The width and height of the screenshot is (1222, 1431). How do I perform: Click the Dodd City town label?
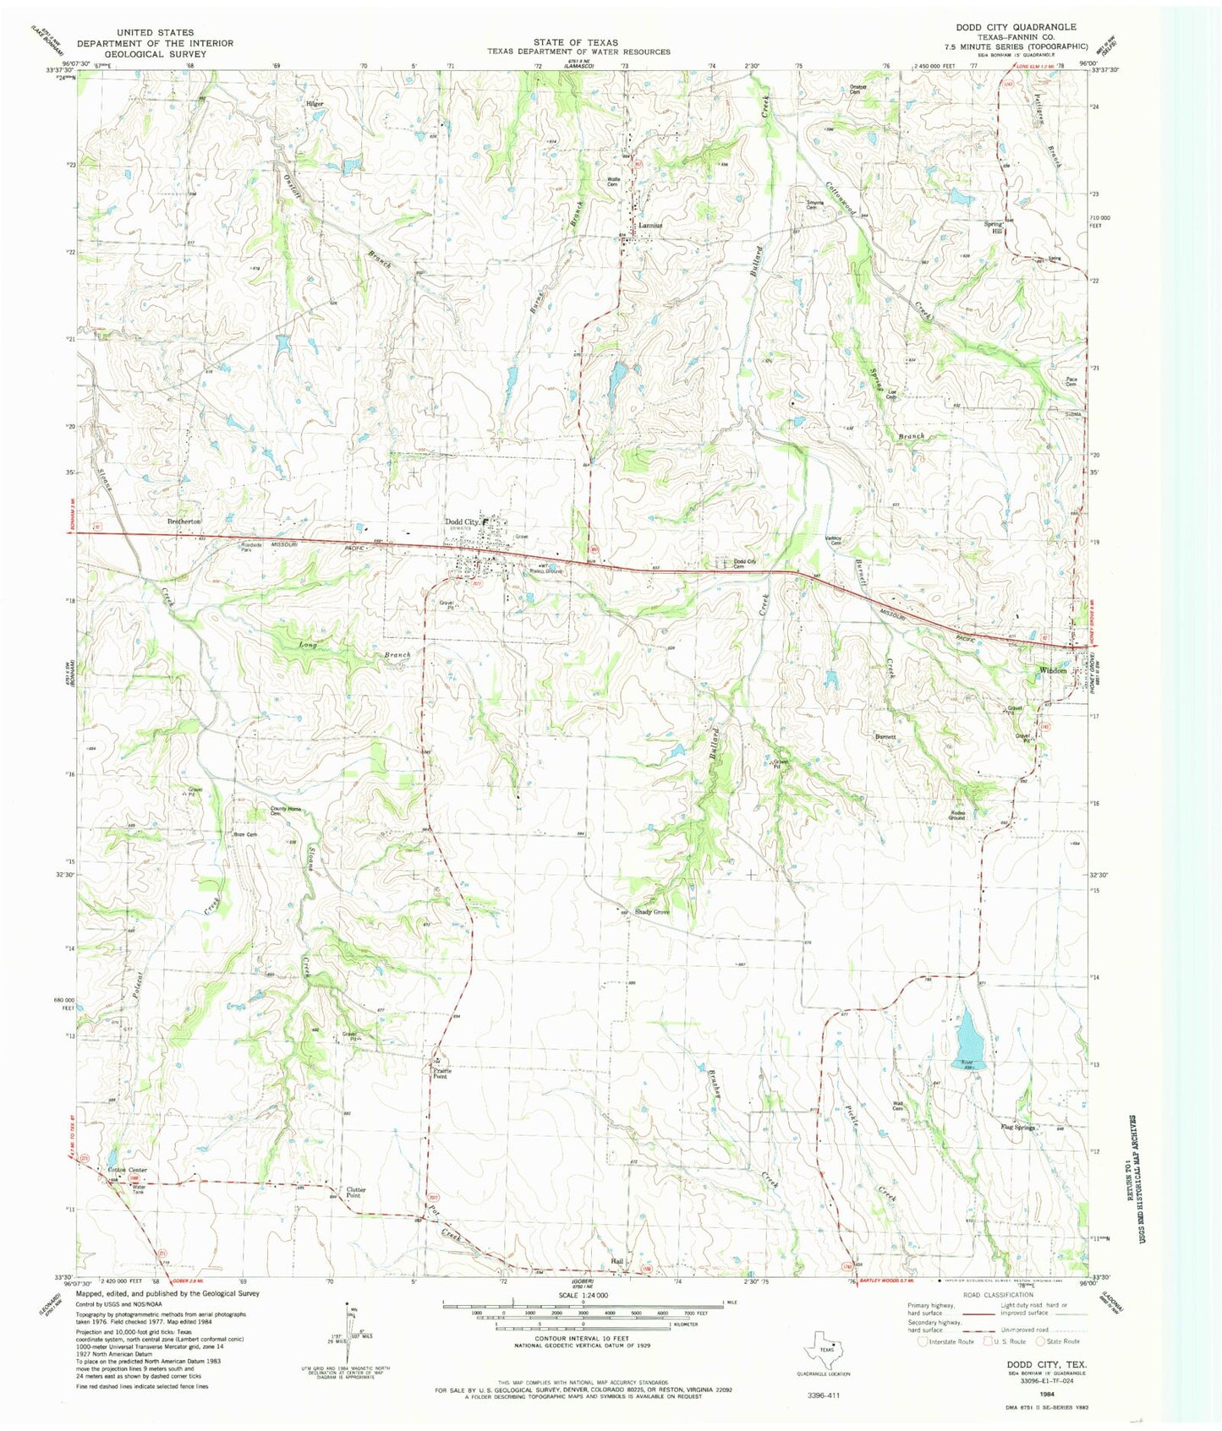(x=462, y=522)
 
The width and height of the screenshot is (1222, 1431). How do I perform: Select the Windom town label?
(x=1052, y=670)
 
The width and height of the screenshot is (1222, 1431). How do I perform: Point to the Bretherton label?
(x=184, y=522)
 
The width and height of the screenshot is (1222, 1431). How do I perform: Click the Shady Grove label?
(x=652, y=913)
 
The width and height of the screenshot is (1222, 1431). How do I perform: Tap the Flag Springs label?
(x=1017, y=1128)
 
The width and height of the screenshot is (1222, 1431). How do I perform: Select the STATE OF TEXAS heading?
(x=575, y=42)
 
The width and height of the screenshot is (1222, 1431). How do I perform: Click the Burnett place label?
(x=885, y=737)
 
